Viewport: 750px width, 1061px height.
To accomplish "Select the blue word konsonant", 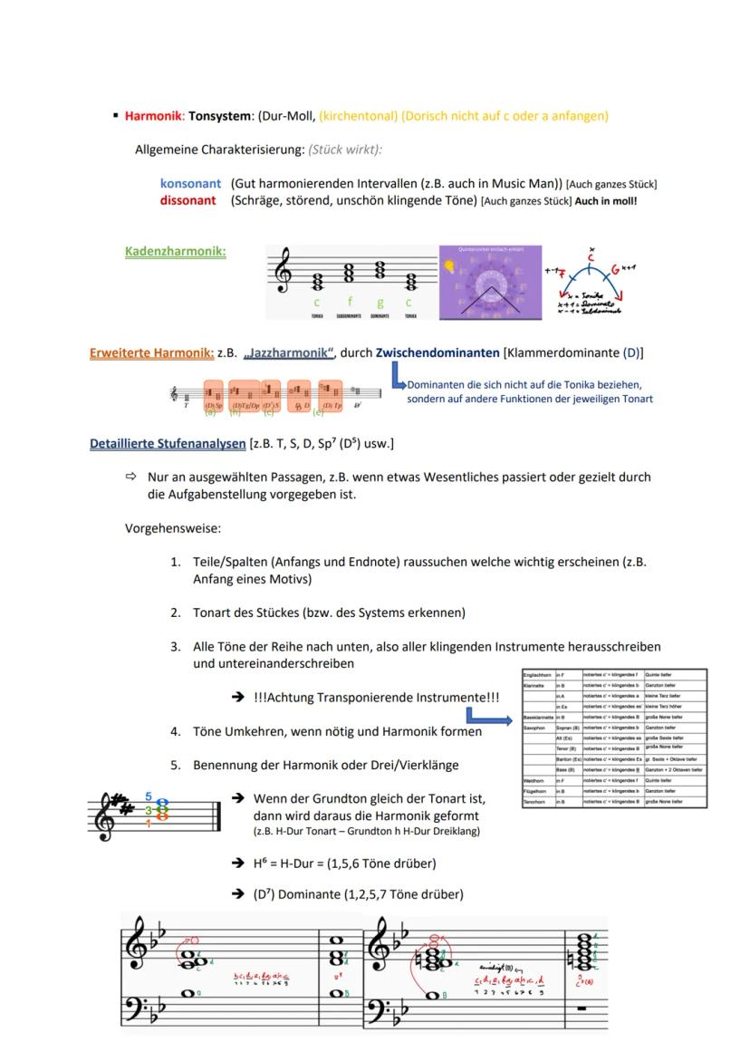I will pyautogui.click(x=190, y=184).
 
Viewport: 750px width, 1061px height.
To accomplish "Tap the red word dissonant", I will pyautogui.click(x=187, y=200).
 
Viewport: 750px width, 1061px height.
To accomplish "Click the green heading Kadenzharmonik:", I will pyautogui.click(x=175, y=251).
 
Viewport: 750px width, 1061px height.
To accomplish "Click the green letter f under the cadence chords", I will pyautogui.click(x=350, y=302).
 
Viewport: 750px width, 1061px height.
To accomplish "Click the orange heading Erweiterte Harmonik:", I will pyautogui.click(x=151, y=352).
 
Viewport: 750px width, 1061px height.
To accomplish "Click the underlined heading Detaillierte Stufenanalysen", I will pyautogui.click(x=168, y=443).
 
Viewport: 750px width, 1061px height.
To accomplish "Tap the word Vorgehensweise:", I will pyautogui.click(x=173, y=527).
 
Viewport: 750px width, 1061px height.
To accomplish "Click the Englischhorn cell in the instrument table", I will pyautogui.click(x=538, y=675).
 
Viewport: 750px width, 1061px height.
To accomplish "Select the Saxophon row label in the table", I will pyautogui.click(x=537, y=727).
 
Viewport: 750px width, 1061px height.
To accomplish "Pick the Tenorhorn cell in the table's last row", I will pyautogui.click(x=537, y=802).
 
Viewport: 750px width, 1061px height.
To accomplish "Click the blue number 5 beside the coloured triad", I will pyautogui.click(x=149, y=797).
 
